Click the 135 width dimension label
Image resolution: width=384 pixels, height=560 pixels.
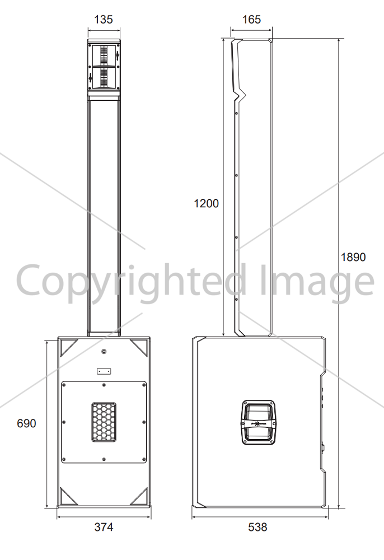coord(104,19)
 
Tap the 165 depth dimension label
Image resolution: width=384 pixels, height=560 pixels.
coord(251,19)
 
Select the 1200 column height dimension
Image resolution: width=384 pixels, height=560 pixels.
coord(207,203)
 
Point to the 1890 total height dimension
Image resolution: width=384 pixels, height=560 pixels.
coord(353,257)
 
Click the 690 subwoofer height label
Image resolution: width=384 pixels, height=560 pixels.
coord(26,423)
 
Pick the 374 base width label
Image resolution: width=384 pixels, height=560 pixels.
coord(104,527)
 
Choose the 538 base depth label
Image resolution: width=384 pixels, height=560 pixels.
coord(257,527)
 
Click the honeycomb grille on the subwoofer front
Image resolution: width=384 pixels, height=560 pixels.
coord(104,422)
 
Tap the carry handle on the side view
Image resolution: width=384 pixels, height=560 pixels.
coord(259,422)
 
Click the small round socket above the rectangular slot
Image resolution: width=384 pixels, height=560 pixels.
coord(104,352)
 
